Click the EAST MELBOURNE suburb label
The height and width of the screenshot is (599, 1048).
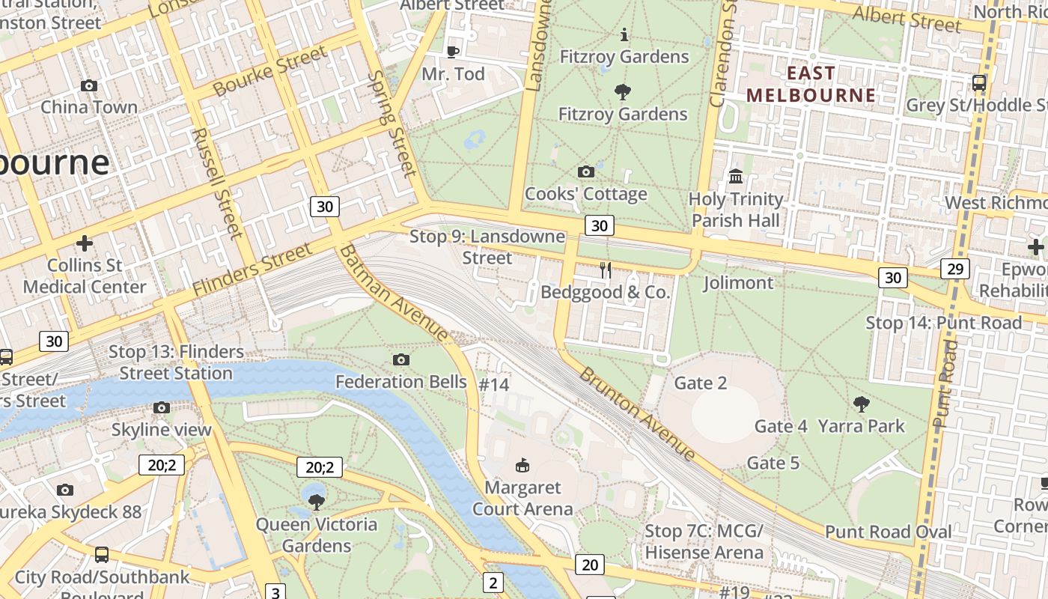coord(811,84)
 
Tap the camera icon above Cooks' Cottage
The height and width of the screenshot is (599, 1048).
coord(586,172)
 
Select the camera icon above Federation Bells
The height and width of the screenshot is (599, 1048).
coord(401,360)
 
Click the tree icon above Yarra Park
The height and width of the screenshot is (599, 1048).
coord(861,404)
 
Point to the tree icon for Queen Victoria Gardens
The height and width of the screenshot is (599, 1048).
coord(317,502)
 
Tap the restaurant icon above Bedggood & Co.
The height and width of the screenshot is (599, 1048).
coord(606,270)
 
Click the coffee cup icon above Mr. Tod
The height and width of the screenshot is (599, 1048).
coord(452,52)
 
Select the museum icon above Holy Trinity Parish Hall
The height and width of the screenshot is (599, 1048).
coord(736,177)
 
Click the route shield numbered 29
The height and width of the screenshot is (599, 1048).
coord(955,269)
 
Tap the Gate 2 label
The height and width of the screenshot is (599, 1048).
coord(701,383)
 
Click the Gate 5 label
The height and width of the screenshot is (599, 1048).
coord(773,463)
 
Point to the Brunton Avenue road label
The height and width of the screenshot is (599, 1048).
coord(637,413)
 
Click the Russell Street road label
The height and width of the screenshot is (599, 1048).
coord(217,183)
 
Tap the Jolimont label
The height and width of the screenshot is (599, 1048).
coord(738,283)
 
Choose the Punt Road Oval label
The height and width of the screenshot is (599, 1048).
coord(888,532)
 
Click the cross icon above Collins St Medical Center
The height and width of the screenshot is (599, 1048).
coord(85,243)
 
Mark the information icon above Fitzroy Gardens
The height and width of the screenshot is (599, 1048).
coord(624,34)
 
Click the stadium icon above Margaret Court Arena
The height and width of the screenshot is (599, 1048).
coord(523,466)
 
